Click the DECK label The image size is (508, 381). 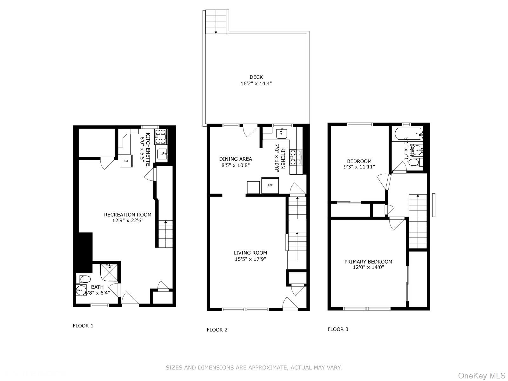tap(256, 77)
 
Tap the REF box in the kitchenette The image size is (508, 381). tap(126, 161)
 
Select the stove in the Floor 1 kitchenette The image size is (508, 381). tap(161, 136)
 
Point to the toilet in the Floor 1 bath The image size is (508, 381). tap(84, 279)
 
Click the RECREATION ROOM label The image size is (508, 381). tap(128, 215)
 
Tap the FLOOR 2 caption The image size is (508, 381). tap(217, 330)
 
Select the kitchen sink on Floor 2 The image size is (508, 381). tap(282, 134)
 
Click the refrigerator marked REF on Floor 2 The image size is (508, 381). tap(270, 185)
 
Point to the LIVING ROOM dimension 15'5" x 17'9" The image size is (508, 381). tap(250, 259)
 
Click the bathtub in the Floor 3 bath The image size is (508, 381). tap(407, 134)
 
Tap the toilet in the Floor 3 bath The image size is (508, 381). tap(415, 163)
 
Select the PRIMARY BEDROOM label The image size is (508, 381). tap(368, 262)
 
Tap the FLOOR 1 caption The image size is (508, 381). tap(83, 325)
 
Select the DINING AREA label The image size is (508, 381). tap(236, 159)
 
